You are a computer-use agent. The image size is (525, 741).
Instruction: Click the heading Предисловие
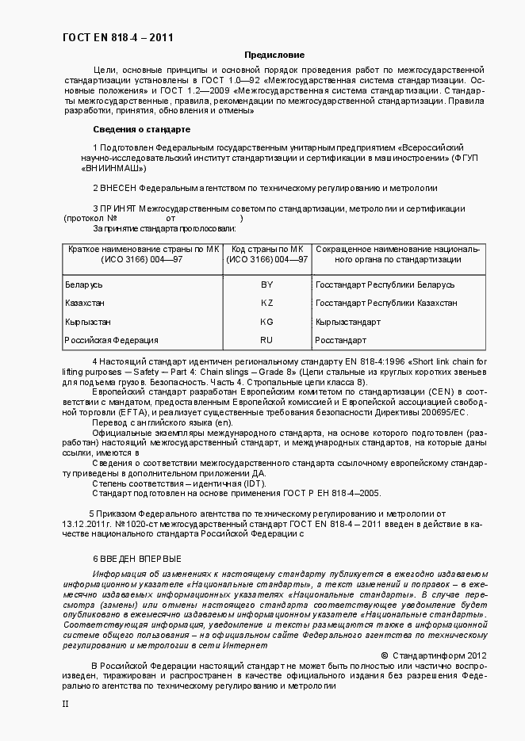[x=274, y=55]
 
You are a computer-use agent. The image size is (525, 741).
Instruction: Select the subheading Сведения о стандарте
[x=141, y=129]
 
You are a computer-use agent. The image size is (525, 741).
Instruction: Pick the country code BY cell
[x=266, y=285]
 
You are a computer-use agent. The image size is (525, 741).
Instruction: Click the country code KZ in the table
[x=266, y=304]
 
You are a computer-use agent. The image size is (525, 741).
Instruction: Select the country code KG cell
[x=266, y=322]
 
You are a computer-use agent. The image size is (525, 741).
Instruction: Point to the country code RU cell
[x=266, y=341]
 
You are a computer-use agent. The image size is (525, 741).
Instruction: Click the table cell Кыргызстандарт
[x=347, y=322]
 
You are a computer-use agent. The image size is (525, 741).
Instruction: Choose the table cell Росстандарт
[x=342, y=341]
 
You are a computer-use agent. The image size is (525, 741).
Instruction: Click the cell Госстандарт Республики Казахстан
[x=385, y=304]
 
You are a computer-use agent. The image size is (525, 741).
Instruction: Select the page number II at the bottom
[x=67, y=703]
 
